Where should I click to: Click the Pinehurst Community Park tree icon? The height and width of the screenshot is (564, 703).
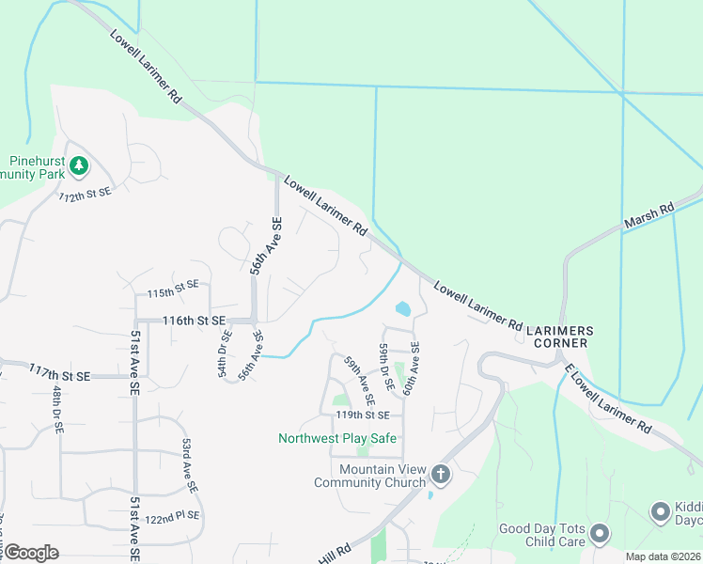click(80, 166)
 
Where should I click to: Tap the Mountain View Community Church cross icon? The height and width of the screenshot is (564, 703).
click(441, 475)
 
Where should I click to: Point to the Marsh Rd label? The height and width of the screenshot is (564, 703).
click(649, 220)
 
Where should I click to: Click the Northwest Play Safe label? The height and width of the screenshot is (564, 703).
click(337, 438)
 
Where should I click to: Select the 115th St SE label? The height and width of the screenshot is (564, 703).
click(173, 290)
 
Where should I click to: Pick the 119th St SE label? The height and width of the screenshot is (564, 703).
click(362, 415)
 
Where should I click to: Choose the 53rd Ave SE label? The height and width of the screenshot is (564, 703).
click(190, 465)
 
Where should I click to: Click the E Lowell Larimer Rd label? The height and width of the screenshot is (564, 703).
click(608, 399)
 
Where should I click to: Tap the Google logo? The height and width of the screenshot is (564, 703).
click(31, 553)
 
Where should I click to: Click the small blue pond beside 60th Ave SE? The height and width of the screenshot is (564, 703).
click(403, 308)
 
